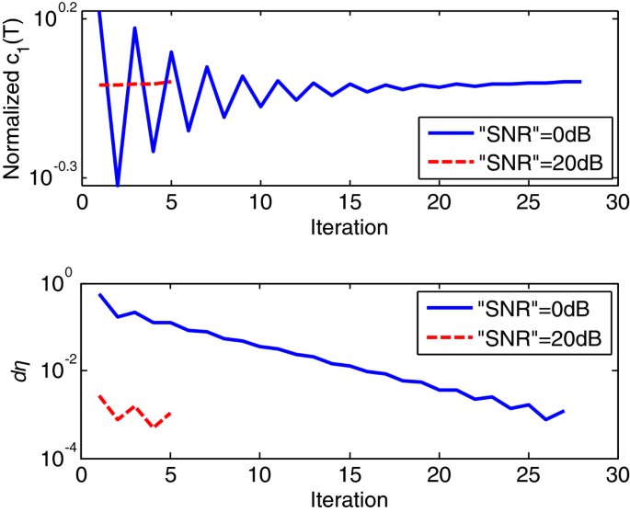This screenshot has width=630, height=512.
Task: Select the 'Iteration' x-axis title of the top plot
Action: pyautogui.click(x=348, y=225)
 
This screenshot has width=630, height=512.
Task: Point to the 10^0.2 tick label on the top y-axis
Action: pyautogui.click(x=58, y=15)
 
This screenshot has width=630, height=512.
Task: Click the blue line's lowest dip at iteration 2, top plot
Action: pyautogui.click(x=117, y=185)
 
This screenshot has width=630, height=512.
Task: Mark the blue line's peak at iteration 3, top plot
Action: pyautogui.click(x=135, y=28)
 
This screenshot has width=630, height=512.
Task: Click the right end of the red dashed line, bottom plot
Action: pyautogui.click(x=171, y=414)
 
